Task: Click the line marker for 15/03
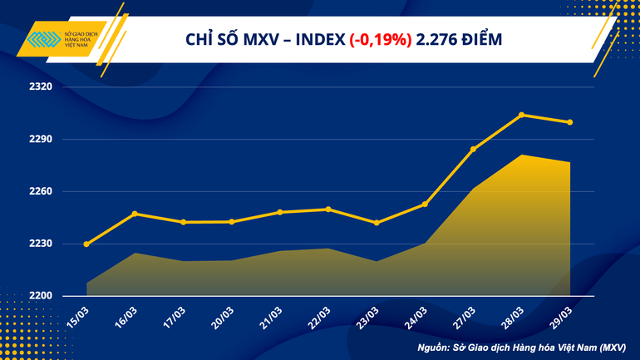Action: click(x=86, y=244)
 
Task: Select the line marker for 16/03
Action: click(x=135, y=214)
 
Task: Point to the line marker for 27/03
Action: click(x=473, y=150)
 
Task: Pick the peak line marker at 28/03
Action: click(x=521, y=115)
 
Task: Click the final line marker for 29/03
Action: click(x=569, y=122)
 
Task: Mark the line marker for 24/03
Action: click(x=425, y=205)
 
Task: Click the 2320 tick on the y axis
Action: click(x=40, y=86)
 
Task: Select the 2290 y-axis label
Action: click(x=40, y=139)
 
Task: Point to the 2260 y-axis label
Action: click(x=40, y=191)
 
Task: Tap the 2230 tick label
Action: click(x=40, y=244)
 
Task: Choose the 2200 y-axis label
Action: click(x=40, y=296)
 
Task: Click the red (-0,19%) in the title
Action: click(x=380, y=40)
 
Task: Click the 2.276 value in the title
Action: click(x=438, y=40)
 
